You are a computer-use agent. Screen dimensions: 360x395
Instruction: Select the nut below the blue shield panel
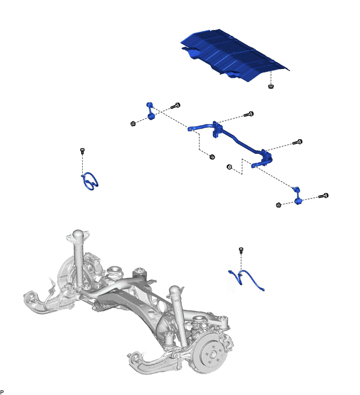(x=271, y=87)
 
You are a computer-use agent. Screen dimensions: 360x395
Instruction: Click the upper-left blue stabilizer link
(x=150, y=111)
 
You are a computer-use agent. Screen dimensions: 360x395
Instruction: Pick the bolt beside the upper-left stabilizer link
(x=175, y=106)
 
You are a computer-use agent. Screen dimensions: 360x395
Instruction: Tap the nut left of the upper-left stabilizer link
(x=133, y=123)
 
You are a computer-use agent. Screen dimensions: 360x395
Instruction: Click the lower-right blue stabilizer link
(x=297, y=196)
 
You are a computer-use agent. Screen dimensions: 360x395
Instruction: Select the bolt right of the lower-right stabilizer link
(x=323, y=196)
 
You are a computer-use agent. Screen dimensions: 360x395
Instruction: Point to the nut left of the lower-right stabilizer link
(x=278, y=205)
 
